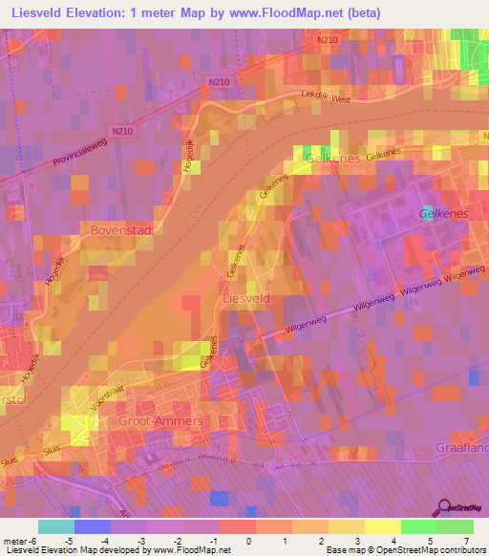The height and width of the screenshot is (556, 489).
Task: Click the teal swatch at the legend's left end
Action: pyautogui.click(x=56, y=526)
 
